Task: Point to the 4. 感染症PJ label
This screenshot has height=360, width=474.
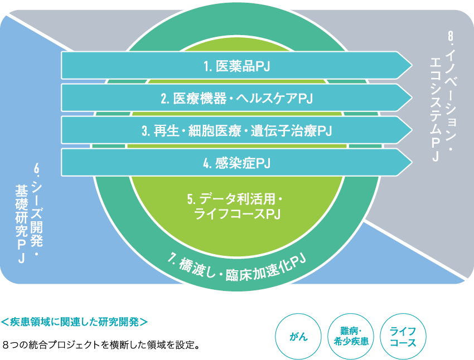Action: pos(237,163)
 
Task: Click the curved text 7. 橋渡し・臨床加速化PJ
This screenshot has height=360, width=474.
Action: pos(239,266)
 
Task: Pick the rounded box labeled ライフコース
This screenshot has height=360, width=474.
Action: pos(403,337)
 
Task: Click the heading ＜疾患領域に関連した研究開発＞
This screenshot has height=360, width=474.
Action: pos(74,322)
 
